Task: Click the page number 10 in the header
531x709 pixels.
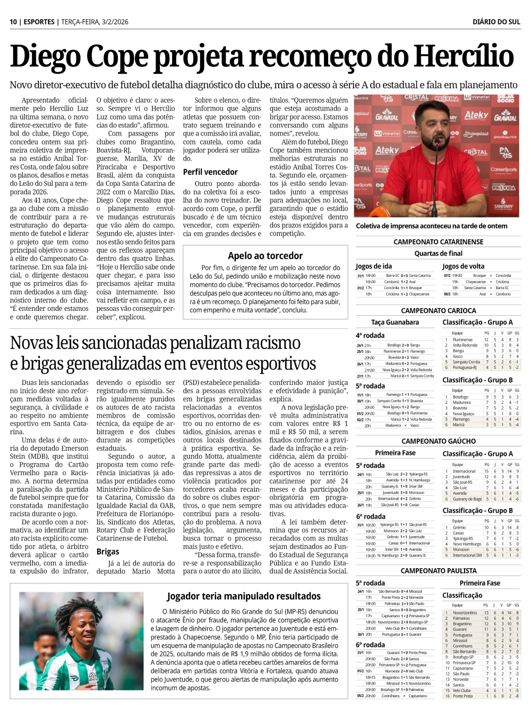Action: (13, 22)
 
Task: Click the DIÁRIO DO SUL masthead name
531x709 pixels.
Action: (496, 22)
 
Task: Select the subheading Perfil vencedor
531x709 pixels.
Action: (210, 172)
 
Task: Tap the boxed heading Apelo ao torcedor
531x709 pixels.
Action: (265, 256)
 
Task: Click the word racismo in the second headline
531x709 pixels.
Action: (262, 343)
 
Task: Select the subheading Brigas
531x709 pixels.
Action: (108, 552)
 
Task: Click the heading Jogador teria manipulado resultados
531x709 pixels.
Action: (244, 596)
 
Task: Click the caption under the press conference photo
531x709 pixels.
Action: (431, 226)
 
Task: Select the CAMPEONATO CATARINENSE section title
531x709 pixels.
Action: (438, 242)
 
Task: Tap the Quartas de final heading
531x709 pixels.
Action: (438, 254)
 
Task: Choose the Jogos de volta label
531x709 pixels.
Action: (463, 266)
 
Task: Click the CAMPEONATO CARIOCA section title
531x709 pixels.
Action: (438, 310)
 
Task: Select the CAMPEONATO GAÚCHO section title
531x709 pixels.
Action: (438, 441)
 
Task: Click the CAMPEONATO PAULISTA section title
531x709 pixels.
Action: (438, 571)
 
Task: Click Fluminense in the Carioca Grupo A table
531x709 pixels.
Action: (463, 340)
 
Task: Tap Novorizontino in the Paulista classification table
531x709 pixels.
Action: (465, 613)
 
